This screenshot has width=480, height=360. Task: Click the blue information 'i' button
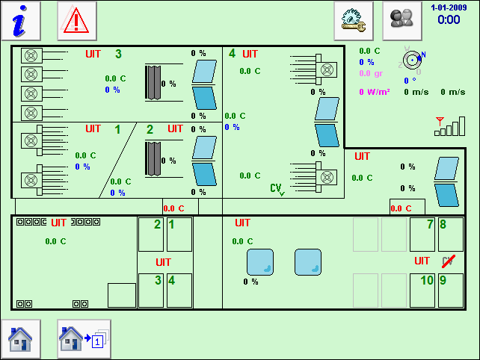[20, 20]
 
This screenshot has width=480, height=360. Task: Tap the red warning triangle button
[76, 20]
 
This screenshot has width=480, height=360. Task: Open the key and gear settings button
[353, 20]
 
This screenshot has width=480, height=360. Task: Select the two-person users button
[402, 20]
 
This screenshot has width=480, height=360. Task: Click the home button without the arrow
[20, 339]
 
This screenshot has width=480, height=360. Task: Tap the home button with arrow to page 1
[84, 339]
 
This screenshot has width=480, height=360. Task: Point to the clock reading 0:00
[449, 20]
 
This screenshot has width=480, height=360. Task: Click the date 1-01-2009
[449, 7]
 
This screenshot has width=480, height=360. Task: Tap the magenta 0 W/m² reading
[375, 93]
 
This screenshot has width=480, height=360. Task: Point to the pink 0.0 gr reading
[371, 73]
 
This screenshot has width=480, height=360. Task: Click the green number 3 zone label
[118, 55]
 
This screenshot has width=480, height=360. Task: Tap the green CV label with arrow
[277, 190]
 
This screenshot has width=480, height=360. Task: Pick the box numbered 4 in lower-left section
[179, 290]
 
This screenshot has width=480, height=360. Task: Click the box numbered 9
[451, 290]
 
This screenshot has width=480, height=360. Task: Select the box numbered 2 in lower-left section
[151, 234]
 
